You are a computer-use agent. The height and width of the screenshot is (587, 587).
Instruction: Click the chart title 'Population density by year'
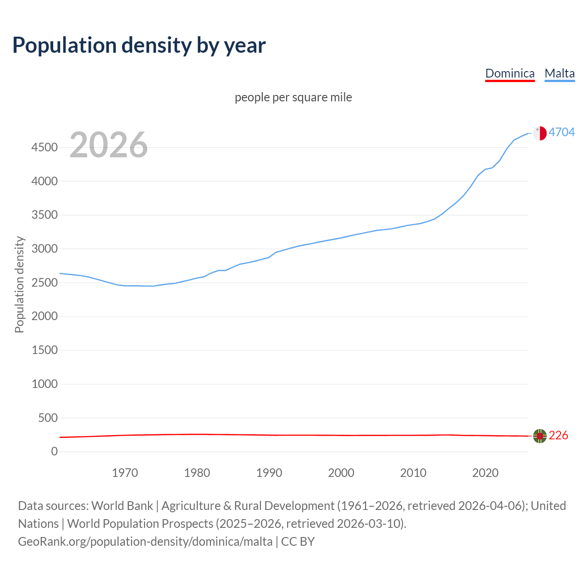(139, 45)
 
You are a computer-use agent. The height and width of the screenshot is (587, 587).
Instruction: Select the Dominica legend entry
(509, 73)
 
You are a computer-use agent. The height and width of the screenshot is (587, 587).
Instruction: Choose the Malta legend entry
(559, 73)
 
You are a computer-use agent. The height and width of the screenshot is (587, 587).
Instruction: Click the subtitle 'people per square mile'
(293, 97)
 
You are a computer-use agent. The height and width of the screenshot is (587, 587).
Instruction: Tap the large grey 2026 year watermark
(109, 145)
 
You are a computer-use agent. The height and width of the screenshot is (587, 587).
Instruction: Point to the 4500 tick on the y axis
(44, 148)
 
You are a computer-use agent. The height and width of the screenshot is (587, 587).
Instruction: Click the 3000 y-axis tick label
(44, 249)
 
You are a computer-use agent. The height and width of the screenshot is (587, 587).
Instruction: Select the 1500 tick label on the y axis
(44, 350)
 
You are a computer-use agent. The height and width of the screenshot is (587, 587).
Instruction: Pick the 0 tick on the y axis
(55, 452)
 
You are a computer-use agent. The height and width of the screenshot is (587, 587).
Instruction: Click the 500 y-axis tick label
(48, 418)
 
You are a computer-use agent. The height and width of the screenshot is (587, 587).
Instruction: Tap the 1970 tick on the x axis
(125, 473)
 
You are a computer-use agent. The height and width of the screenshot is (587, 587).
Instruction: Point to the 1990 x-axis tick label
(269, 473)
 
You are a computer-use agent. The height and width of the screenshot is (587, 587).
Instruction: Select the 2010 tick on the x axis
(413, 473)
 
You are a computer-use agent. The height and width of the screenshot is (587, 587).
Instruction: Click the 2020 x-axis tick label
(485, 473)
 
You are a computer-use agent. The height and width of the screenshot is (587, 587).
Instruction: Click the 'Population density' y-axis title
(19, 284)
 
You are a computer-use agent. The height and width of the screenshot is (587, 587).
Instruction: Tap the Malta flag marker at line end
(540, 133)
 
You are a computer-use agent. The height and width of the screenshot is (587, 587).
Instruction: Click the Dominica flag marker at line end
(540, 436)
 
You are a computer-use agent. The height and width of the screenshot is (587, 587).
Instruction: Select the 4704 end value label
(562, 132)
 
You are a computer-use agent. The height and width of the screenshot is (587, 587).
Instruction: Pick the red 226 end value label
(558, 435)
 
